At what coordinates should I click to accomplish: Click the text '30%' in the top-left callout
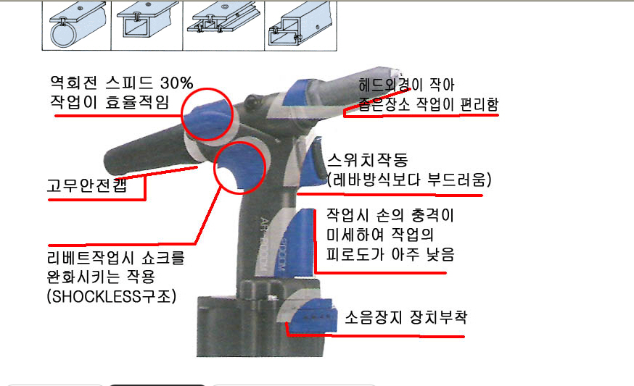(177, 83)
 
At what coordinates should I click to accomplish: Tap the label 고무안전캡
(87, 185)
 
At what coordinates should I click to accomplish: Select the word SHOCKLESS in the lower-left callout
(96, 297)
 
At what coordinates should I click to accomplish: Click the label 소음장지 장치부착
(406, 317)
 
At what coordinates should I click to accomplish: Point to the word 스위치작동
(368, 160)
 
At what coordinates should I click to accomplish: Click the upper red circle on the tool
(207, 114)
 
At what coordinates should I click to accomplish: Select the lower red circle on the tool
(239, 167)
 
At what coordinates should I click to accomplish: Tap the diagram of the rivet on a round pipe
(77, 26)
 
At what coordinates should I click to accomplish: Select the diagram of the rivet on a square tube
(147, 26)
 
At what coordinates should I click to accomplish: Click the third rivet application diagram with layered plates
(223, 26)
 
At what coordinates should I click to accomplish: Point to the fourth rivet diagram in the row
(301, 26)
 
